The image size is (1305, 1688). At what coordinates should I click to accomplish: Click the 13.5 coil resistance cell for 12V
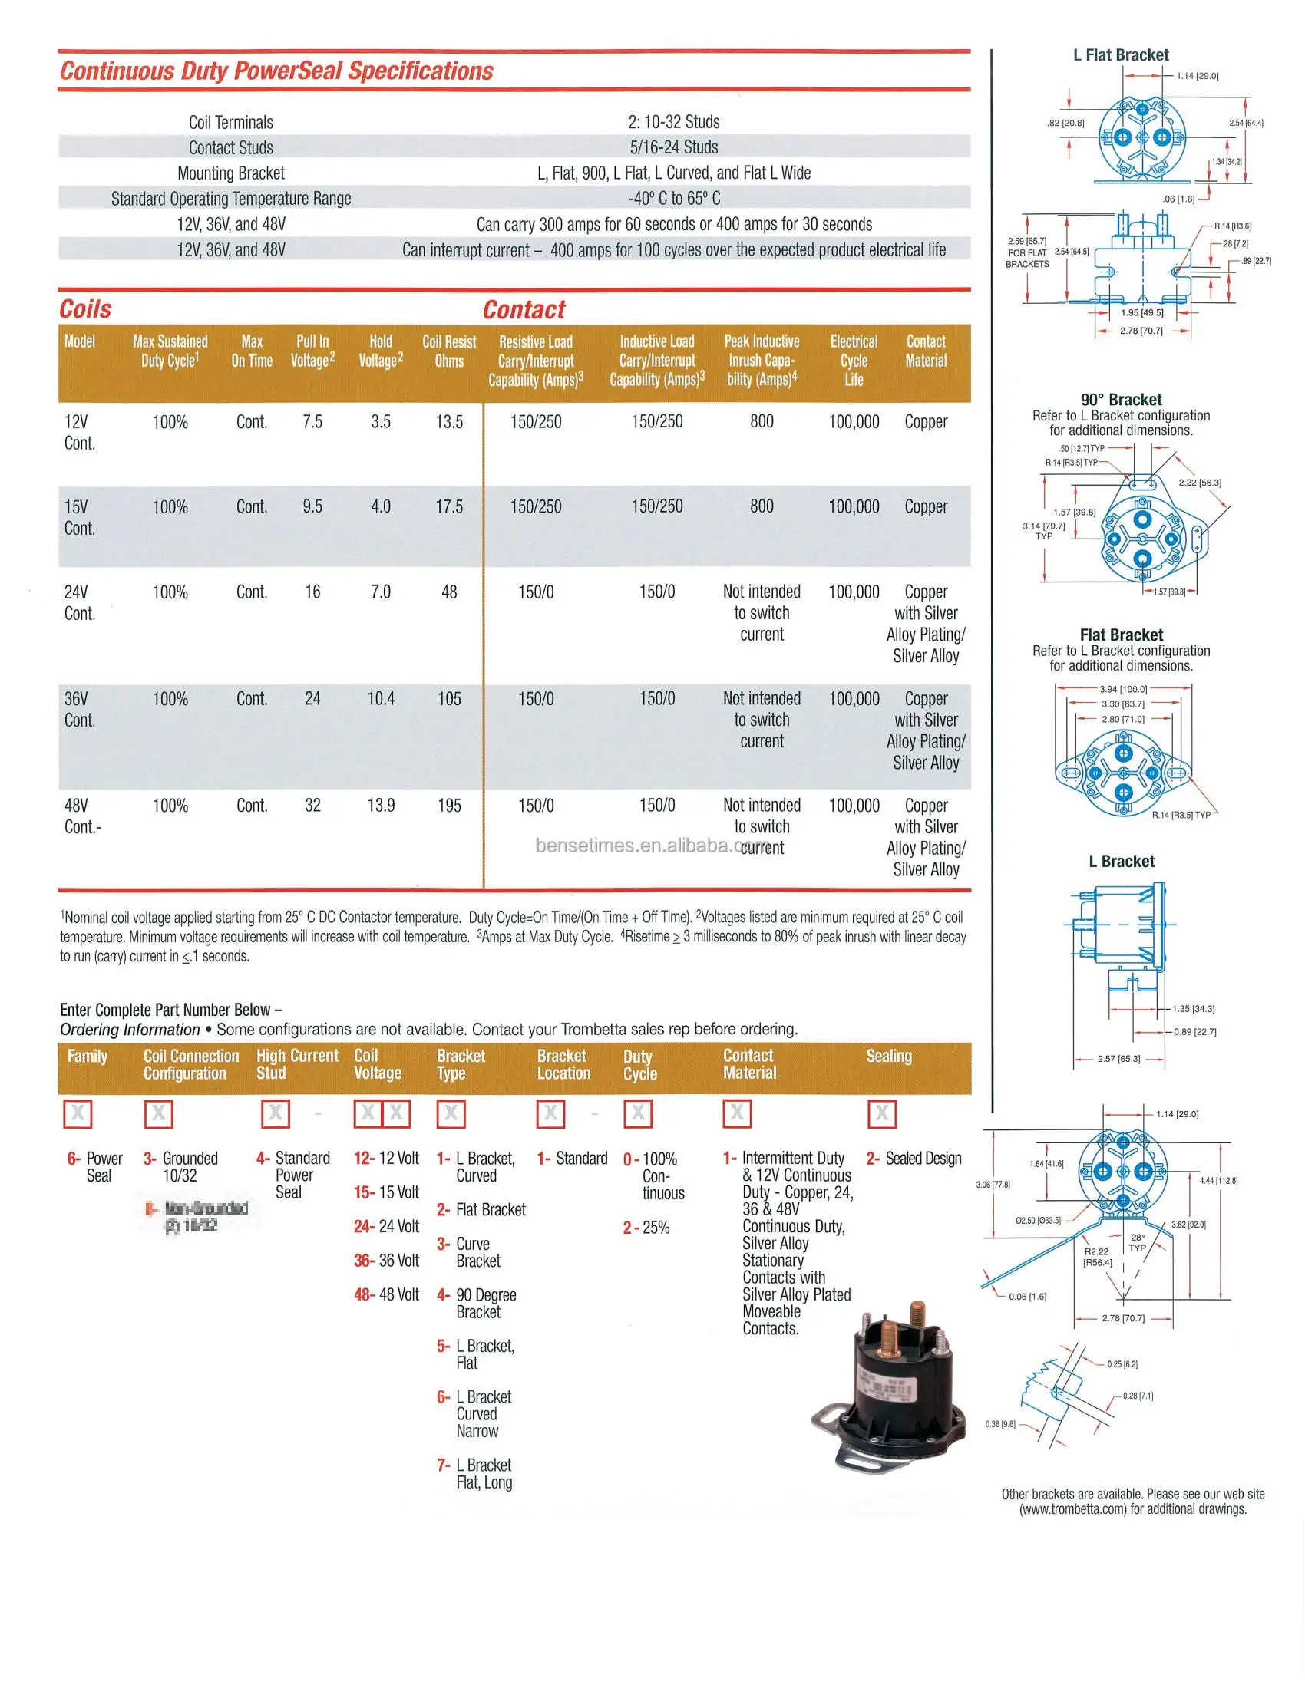point(448,422)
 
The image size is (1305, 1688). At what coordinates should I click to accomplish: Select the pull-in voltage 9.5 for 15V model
point(312,507)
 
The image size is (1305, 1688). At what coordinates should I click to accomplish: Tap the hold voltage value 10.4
point(380,699)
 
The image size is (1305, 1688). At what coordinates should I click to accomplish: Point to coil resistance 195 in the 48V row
point(449,806)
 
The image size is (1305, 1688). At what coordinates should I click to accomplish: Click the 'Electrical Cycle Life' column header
point(854,360)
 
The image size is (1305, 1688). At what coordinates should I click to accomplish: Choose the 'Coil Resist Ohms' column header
point(448,351)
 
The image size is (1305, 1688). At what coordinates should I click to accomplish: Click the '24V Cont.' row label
point(79,603)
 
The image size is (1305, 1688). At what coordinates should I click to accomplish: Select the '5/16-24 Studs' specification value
point(673,147)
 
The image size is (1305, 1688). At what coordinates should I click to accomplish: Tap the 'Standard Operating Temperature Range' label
point(230,199)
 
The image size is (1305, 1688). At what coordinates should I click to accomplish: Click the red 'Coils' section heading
point(85,309)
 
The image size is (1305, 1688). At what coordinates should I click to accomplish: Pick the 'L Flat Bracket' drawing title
point(1120,55)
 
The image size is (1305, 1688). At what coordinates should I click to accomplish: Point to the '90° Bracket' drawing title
point(1121,400)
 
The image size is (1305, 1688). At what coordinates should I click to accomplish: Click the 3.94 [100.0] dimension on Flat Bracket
point(1123,689)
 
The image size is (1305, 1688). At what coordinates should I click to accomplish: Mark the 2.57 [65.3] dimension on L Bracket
point(1118,1058)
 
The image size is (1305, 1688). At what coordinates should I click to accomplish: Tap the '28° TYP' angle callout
point(1137,1242)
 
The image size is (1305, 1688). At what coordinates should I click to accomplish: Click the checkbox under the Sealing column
point(881,1113)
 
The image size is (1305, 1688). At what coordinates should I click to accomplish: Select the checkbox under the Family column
point(78,1114)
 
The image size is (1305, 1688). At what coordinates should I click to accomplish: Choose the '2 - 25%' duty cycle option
point(646,1228)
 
